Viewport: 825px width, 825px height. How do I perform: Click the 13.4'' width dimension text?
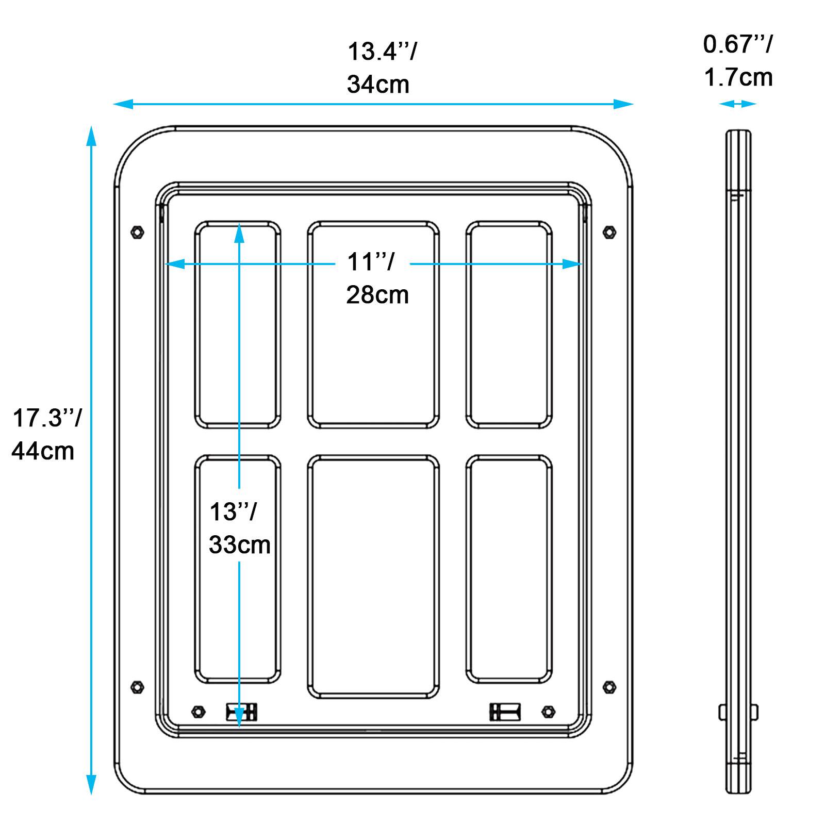pyautogui.click(x=382, y=52)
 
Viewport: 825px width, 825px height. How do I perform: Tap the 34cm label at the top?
pyautogui.click(x=378, y=85)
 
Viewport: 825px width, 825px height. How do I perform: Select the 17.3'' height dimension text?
pyautogui.click(x=46, y=418)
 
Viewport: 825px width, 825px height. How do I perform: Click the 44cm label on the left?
pyautogui.click(x=43, y=451)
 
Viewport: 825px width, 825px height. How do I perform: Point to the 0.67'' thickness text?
pyautogui.click(x=738, y=44)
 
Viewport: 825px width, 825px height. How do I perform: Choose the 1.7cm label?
pyautogui.click(x=738, y=77)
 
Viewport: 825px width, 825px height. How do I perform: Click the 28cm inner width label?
pyautogui.click(x=377, y=295)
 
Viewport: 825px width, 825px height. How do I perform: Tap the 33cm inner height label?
pyautogui.click(x=239, y=544)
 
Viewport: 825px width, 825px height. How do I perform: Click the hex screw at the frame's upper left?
pyautogui.click(x=138, y=232)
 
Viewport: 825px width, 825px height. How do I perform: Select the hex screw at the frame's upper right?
pyautogui.click(x=609, y=232)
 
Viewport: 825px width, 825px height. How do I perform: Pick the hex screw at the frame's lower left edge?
pyautogui.click(x=138, y=687)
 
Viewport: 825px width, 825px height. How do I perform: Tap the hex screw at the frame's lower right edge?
pyautogui.click(x=609, y=687)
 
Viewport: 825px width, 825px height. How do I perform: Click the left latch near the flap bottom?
pyautogui.click(x=241, y=712)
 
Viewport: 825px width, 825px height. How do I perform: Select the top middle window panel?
pyautogui.click(x=373, y=325)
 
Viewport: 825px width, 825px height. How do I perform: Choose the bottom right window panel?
pyautogui.click(x=509, y=569)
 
